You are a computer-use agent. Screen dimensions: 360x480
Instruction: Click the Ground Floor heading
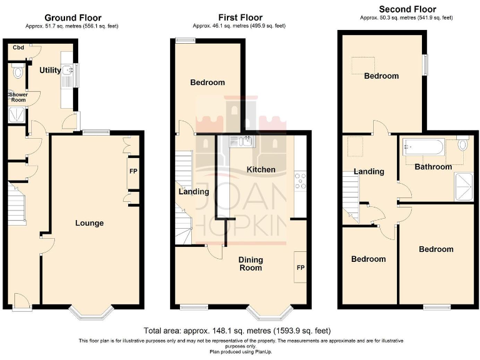pos(72,17)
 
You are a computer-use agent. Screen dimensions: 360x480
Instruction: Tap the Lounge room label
pos(89,223)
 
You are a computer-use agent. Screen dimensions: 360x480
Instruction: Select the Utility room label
pos(50,71)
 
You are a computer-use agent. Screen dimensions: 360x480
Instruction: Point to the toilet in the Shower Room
pos(17,72)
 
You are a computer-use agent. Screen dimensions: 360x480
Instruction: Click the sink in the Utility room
pos(67,76)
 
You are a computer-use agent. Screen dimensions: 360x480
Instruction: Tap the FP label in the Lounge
pos(133,171)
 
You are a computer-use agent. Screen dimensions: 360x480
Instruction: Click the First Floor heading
pos(240,17)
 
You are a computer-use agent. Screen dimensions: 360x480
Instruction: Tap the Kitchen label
pos(261,170)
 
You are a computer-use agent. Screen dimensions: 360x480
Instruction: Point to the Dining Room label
pos(250,264)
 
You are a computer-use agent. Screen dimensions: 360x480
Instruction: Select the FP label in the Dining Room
pos(300,267)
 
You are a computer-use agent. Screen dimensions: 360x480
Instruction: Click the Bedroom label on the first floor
pos(207,82)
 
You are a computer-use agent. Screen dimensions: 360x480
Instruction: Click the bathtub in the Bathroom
pos(423,147)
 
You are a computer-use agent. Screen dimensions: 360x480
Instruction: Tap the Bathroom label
pos(433,167)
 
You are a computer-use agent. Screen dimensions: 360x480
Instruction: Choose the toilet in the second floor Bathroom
pos(462,144)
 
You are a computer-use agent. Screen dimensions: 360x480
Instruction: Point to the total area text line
pos(237,330)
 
